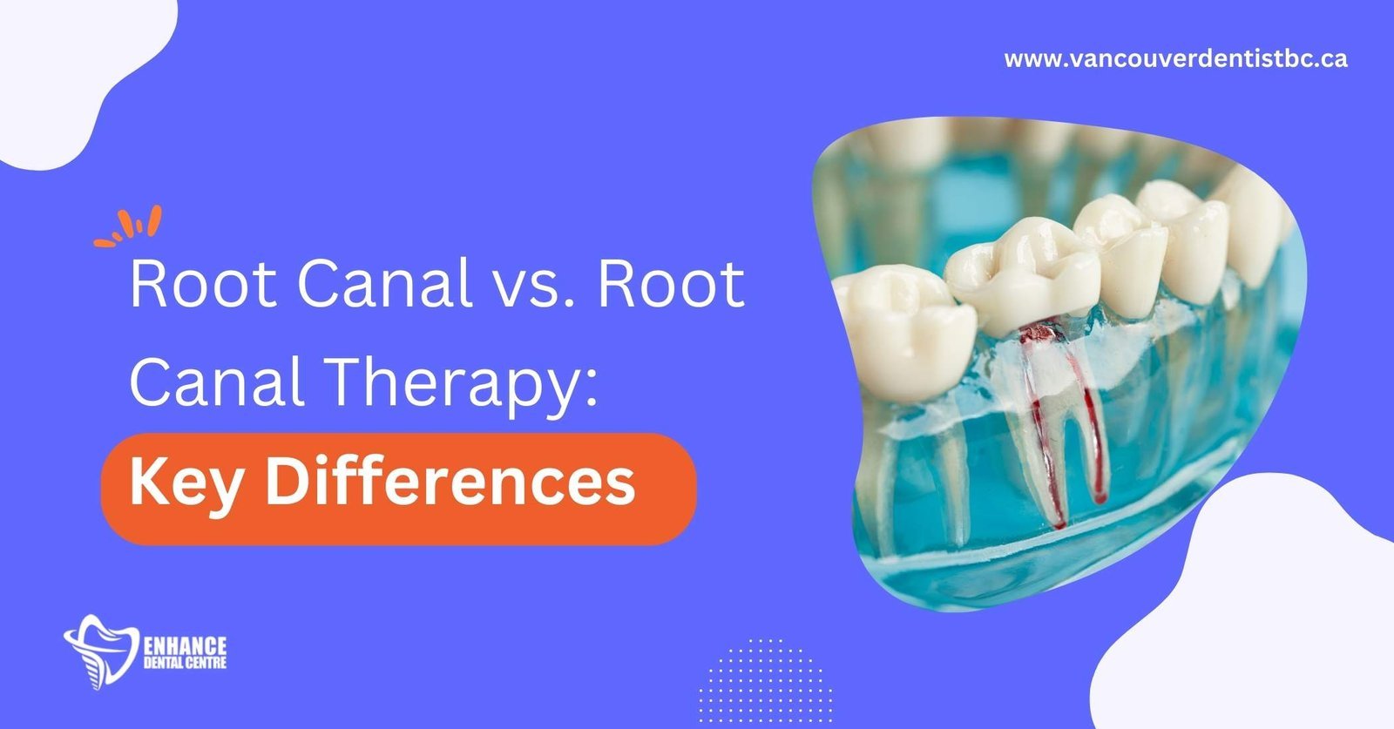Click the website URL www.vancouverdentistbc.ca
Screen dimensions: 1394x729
(x=1175, y=59)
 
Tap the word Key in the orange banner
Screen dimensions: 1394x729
(x=186, y=484)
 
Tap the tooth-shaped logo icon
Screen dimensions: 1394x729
(x=101, y=651)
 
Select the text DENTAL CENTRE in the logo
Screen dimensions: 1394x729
(x=185, y=663)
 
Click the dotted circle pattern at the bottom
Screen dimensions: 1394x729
(x=765, y=683)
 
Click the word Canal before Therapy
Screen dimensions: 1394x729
(x=217, y=381)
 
